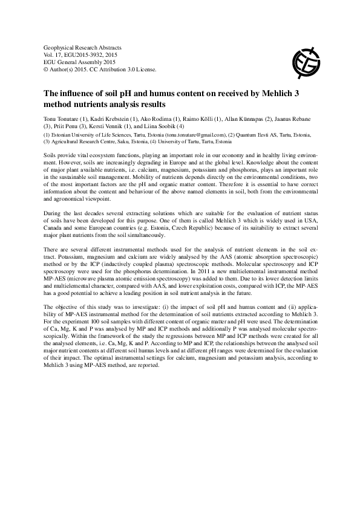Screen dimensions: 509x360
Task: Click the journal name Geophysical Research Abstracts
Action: tap(79, 47)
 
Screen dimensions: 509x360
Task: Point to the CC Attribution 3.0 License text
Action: tap(125, 69)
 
